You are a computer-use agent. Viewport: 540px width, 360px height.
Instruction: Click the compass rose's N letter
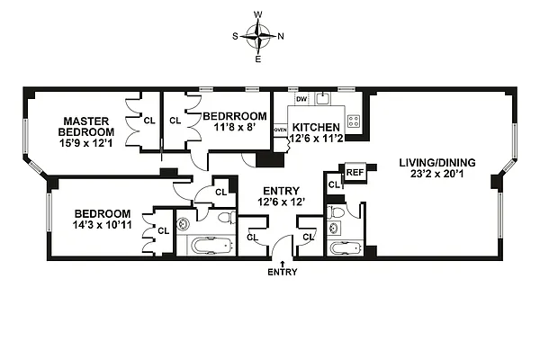(x=282, y=37)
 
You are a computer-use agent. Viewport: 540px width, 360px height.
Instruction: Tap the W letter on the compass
(x=259, y=15)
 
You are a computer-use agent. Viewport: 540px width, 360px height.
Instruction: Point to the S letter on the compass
(x=237, y=37)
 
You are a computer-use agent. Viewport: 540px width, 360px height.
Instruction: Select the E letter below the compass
(x=259, y=59)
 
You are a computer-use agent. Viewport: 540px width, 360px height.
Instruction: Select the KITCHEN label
(x=316, y=128)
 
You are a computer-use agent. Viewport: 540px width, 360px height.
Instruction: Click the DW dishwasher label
(x=301, y=100)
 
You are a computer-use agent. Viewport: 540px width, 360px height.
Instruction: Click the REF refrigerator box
(x=355, y=172)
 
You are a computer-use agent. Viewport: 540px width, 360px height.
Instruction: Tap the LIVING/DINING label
(x=437, y=163)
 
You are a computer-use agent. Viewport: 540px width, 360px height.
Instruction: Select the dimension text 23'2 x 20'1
(x=437, y=177)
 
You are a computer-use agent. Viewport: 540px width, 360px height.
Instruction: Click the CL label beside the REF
(x=333, y=184)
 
